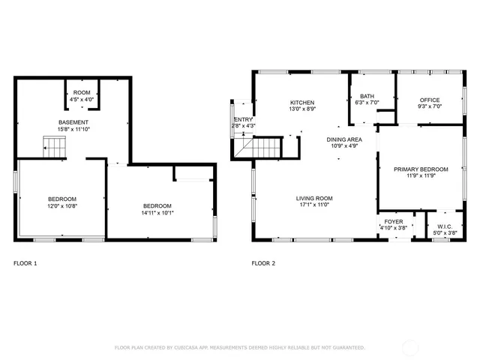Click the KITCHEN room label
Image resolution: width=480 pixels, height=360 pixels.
[x=302, y=103]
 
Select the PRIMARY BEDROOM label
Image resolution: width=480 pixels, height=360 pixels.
[x=421, y=169]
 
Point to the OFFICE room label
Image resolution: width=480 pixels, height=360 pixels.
[x=430, y=100]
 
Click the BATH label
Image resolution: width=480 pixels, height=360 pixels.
[x=367, y=96]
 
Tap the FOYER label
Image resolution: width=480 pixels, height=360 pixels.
[x=394, y=221]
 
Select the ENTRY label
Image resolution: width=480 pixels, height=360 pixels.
[x=244, y=119]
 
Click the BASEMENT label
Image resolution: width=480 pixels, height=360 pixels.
[x=73, y=122]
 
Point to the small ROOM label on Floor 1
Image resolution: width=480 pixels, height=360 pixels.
[x=82, y=92]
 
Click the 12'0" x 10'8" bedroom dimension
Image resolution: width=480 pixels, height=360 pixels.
[x=63, y=205]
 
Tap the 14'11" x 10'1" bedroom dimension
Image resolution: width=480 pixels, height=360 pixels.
[x=157, y=212]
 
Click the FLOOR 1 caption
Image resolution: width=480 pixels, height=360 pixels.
[x=25, y=263]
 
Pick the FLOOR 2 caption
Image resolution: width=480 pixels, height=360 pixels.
[x=263, y=263]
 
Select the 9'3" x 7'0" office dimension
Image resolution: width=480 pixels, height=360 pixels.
[x=430, y=106]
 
